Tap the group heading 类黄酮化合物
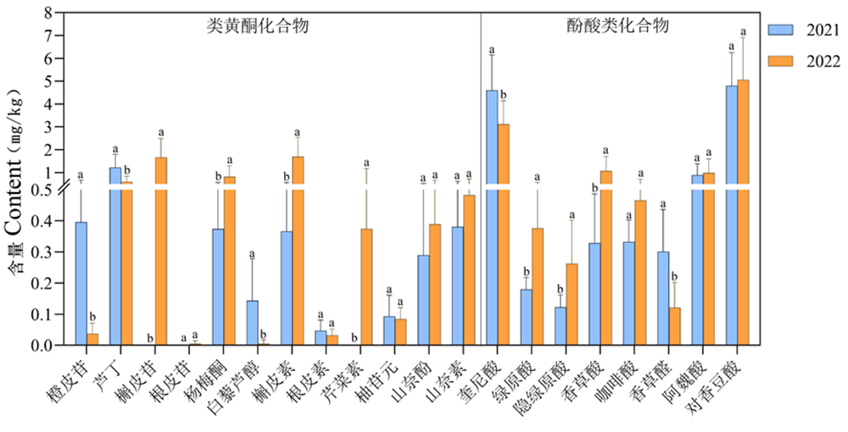point(257,25)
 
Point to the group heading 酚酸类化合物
point(618,25)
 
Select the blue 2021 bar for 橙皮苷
point(81,283)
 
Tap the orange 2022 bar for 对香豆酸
point(743,212)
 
